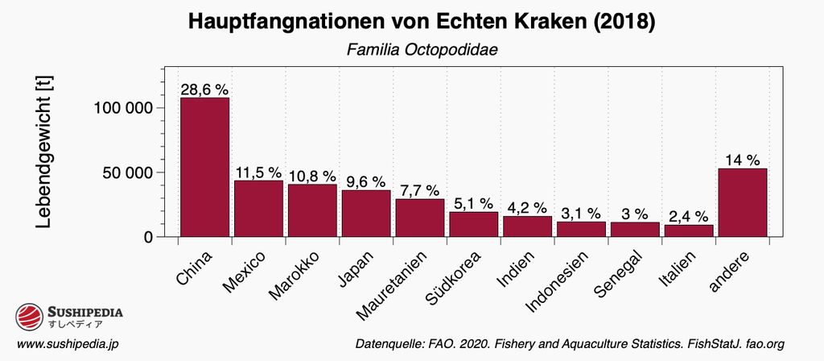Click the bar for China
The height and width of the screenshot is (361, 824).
[x=204, y=167]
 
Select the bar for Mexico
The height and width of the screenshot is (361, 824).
[x=258, y=209]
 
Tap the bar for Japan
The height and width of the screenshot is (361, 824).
[x=366, y=214]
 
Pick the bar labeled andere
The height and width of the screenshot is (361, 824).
[x=742, y=202]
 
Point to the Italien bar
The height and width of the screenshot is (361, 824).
[x=688, y=230]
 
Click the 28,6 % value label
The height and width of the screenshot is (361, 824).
[x=204, y=89]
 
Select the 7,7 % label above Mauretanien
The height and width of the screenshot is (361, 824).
[x=420, y=190]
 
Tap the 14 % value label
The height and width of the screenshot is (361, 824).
[x=742, y=160]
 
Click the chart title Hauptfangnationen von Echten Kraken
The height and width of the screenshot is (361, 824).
[x=422, y=23]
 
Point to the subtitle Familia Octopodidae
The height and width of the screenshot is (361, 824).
[x=422, y=49]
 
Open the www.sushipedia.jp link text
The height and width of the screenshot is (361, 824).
[x=68, y=344]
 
